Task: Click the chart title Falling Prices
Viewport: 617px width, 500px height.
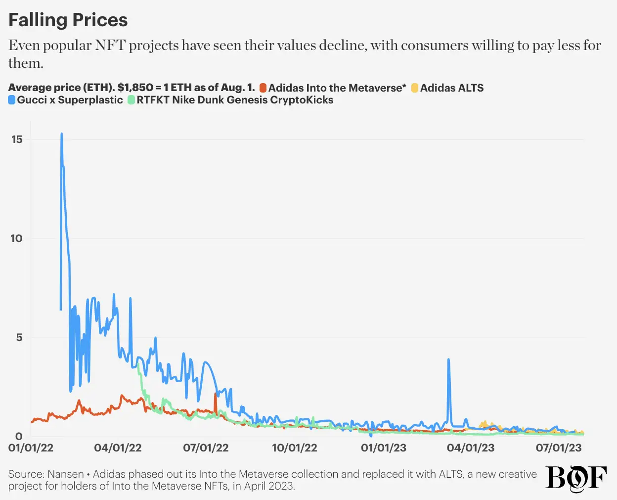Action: pos(68,20)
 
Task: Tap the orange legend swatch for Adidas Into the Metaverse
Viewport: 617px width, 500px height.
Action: pos(263,88)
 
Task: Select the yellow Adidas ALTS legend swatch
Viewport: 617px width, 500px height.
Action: pos(415,88)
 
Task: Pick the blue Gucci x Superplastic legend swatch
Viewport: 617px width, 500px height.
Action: pos(12,100)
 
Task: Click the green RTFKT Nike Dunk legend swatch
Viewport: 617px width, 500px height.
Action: pos(132,100)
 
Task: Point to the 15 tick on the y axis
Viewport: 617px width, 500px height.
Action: pos(17,140)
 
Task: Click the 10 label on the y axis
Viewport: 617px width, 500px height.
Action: pos(16,239)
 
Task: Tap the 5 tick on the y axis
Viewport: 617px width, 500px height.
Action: pos(19,338)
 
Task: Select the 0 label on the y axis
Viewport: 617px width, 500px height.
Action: pos(19,436)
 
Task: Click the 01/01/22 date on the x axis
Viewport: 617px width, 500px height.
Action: pos(31,448)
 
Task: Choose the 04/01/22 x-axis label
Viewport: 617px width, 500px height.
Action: pos(118,448)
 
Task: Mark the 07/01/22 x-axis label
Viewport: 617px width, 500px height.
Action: pos(206,448)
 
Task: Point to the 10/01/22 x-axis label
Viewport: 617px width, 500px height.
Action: pos(295,448)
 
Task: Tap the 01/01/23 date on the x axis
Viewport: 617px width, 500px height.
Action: pos(384,448)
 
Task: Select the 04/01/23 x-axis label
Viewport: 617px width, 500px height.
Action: pos(471,448)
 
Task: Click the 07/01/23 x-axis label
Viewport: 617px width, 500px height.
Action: pos(559,448)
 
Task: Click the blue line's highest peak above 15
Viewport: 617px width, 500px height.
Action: pos(61,134)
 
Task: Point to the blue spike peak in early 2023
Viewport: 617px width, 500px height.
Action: pos(448,360)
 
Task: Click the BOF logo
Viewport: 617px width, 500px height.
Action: pos(576,478)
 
